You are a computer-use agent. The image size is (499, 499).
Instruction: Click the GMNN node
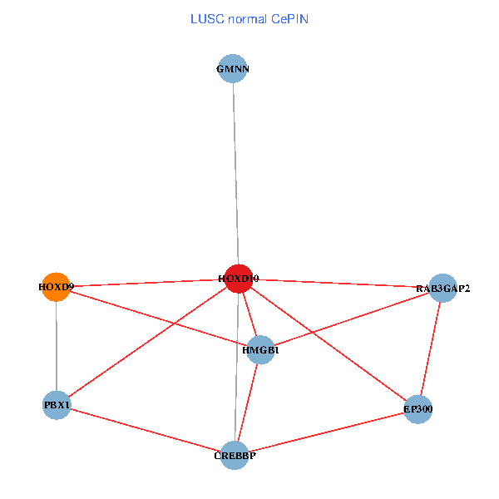coord(234,69)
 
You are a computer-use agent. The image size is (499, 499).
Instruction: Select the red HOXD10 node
coord(239,279)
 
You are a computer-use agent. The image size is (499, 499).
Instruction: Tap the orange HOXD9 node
coord(56,287)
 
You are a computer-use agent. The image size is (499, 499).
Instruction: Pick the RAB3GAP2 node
coord(442,289)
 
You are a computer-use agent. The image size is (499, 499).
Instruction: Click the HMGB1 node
coord(261,350)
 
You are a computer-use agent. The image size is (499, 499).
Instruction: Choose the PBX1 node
coord(57,405)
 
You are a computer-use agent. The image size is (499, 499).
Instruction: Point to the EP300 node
coord(418,408)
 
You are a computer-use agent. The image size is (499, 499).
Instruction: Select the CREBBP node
coord(235,455)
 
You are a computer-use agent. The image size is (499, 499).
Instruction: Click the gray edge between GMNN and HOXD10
coord(236,175)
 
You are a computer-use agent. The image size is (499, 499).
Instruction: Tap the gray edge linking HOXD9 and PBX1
coord(56,346)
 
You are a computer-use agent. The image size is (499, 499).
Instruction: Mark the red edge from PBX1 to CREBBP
coord(146,430)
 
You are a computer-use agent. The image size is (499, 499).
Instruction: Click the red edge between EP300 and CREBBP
coord(326,432)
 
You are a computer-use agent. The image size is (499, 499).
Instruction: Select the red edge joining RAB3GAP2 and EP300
coord(431,348)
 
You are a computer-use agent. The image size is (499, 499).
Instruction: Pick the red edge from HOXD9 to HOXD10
coord(147,283)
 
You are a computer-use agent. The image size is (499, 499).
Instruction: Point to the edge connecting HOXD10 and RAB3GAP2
coord(341,284)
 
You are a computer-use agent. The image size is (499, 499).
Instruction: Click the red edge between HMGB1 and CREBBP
coord(248,403)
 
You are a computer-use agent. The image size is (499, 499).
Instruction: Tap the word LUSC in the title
coord(206,18)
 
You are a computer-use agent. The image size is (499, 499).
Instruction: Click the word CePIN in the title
coord(289,18)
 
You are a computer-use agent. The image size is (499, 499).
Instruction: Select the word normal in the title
coord(246,18)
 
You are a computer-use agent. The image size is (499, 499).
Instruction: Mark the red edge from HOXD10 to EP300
coord(329,344)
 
